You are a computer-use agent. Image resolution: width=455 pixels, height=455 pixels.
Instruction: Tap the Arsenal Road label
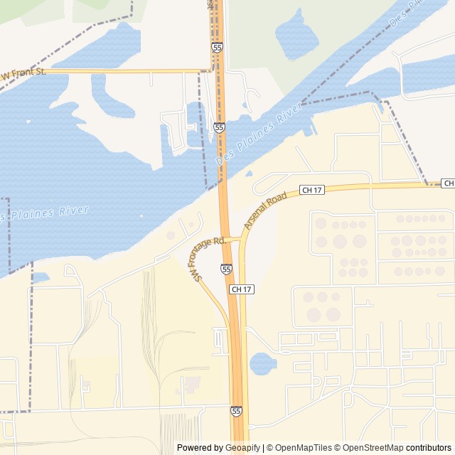[x=265, y=209]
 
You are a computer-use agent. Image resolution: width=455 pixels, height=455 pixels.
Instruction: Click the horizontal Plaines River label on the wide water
[x=45, y=211]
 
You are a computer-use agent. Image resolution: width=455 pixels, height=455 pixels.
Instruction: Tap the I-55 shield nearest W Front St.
[x=217, y=47]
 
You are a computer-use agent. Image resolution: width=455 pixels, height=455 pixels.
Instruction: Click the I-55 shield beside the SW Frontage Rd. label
[x=225, y=269]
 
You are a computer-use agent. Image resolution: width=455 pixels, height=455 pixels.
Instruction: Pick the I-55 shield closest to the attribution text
[x=236, y=411]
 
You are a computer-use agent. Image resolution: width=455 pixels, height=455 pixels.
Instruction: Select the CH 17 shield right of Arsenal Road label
[x=311, y=189]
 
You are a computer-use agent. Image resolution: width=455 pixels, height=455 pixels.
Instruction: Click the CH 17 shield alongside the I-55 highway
[x=242, y=289]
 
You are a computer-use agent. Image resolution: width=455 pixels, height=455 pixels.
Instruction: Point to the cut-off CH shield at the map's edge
[x=448, y=183]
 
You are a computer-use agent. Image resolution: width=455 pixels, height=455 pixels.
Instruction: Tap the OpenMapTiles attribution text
[x=302, y=448]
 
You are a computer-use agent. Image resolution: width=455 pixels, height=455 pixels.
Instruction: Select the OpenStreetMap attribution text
[x=373, y=448]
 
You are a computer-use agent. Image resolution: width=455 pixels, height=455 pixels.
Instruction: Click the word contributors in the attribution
[x=429, y=448]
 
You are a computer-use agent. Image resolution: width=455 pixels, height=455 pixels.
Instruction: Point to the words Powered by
[x=199, y=448]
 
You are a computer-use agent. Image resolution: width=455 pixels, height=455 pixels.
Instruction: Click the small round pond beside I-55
[x=262, y=364]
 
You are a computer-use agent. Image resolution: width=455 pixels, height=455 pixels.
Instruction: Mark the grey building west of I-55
[x=190, y=385]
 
